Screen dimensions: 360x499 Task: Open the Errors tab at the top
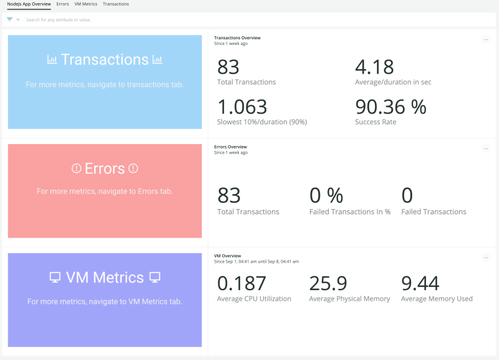(62, 4)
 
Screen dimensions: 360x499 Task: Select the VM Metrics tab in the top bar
(85, 4)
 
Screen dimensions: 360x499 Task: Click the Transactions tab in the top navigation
(115, 4)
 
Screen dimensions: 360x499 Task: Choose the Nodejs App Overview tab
(29, 4)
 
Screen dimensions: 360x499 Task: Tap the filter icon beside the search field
(10, 19)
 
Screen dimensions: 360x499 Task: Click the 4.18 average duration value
(375, 67)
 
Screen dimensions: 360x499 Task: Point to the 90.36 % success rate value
(390, 107)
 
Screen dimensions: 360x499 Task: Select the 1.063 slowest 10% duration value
(242, 107)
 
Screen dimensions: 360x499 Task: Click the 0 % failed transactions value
(326, 196)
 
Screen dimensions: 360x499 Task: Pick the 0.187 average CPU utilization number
(241, 284)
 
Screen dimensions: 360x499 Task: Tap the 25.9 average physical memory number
(328, 284)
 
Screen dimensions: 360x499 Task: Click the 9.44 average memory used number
(420, 284)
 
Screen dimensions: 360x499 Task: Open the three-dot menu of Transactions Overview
(486, 39)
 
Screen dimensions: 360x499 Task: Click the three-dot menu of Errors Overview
(486, 148)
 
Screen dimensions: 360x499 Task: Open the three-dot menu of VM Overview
(486, 257)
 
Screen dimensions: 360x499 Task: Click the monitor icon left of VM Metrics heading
(55, 277)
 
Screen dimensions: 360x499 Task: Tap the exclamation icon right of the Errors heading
(133, 168)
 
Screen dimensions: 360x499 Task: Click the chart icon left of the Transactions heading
(52, 60)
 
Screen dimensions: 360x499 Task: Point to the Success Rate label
(375, 122)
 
